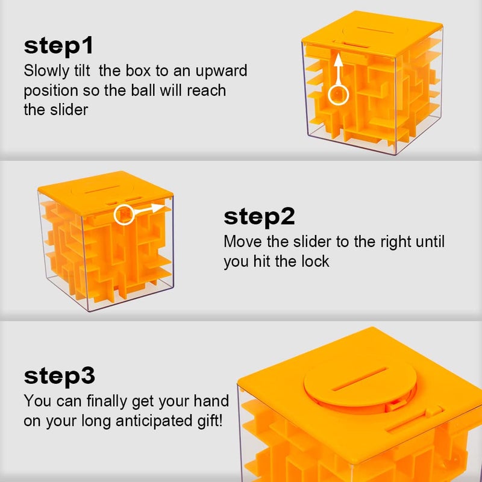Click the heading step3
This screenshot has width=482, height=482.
click(x=60, y=375)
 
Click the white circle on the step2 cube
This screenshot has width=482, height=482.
click(x=124, y=214)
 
